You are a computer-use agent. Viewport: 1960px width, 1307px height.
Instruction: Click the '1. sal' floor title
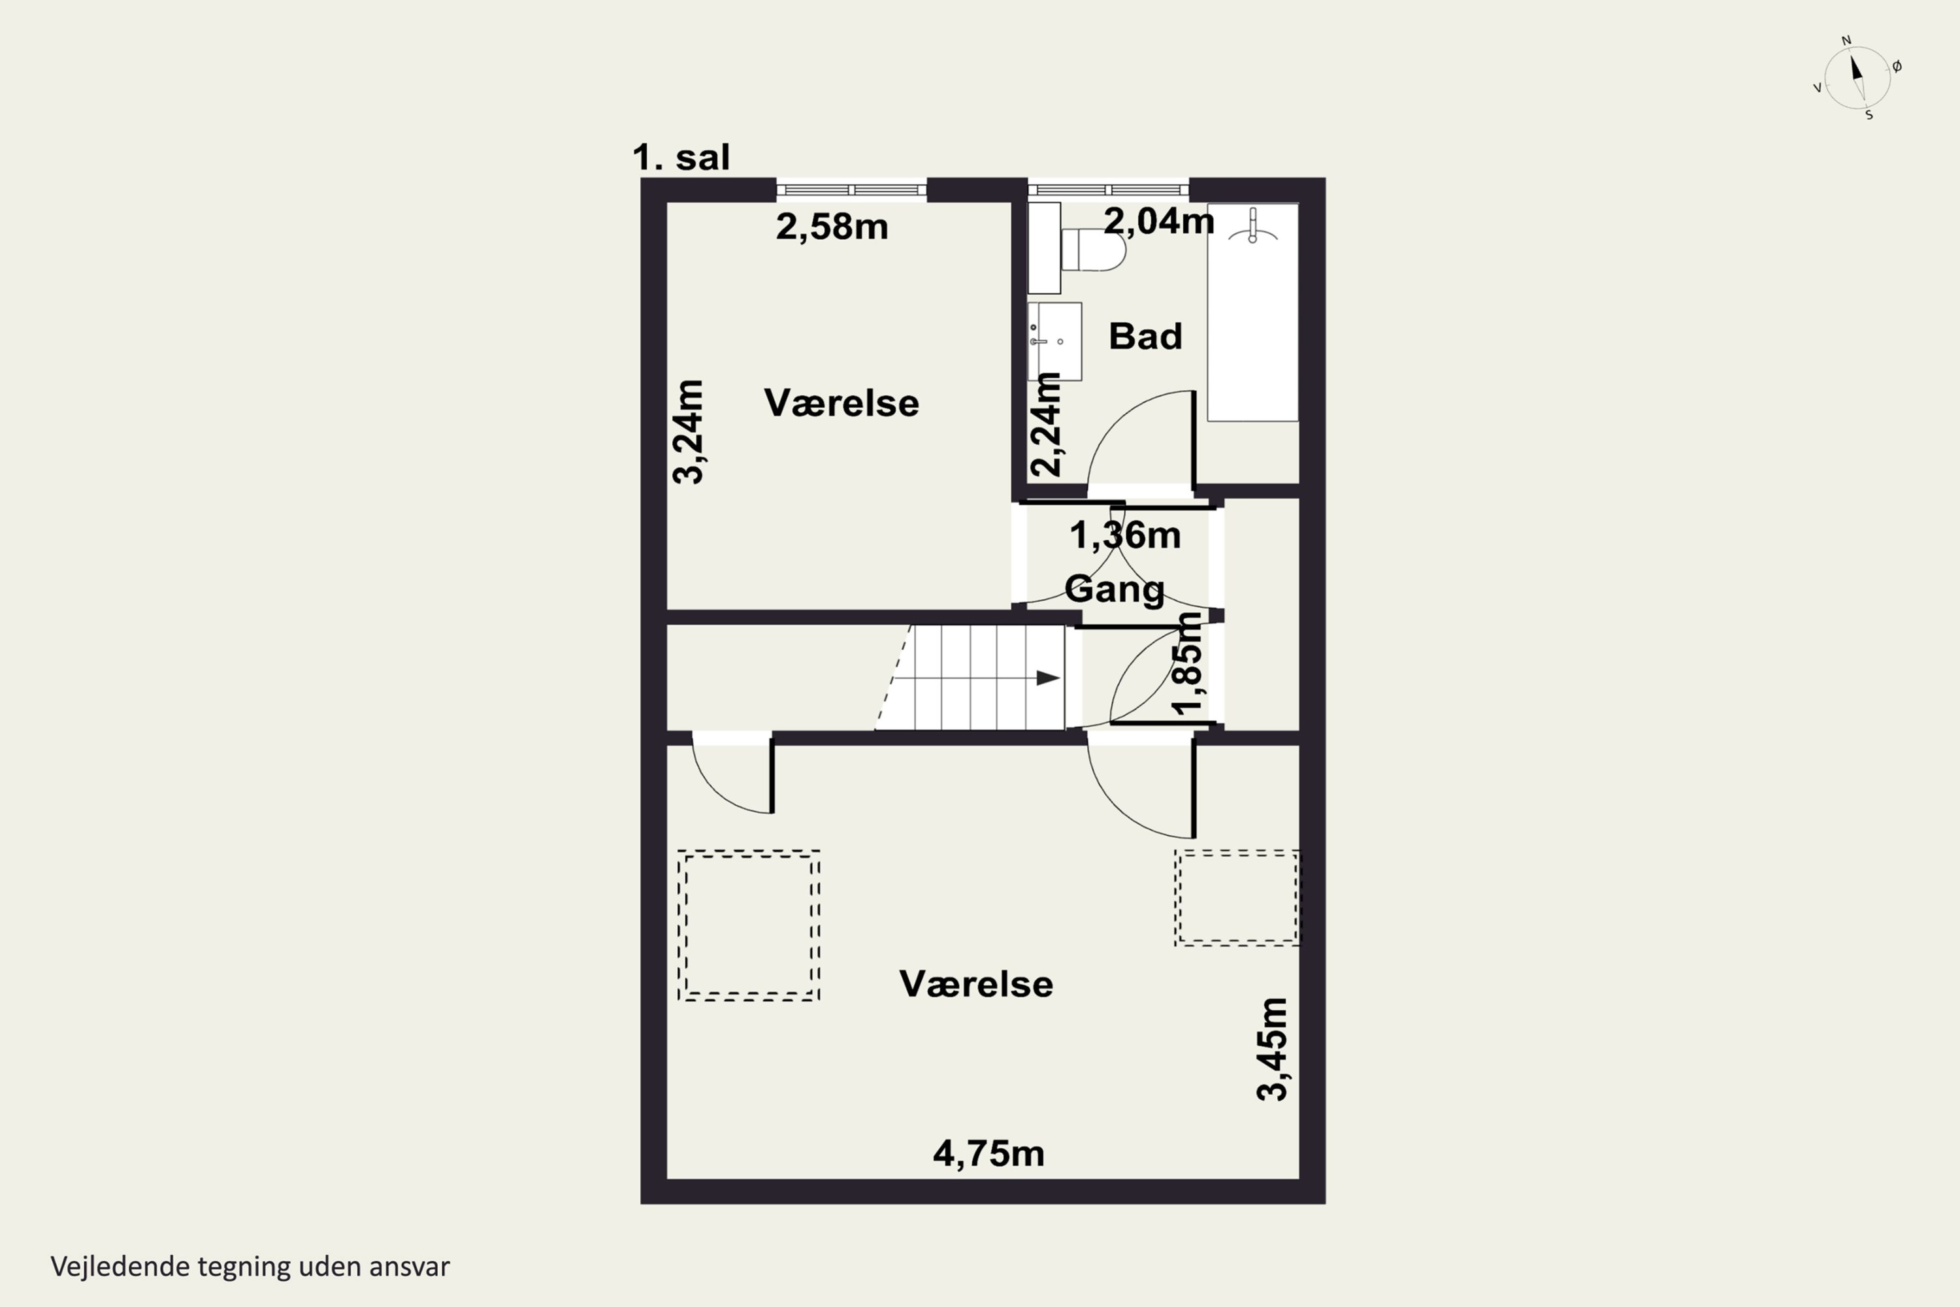(681, 157)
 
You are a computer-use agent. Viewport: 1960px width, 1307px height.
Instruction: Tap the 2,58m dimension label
(832, 227)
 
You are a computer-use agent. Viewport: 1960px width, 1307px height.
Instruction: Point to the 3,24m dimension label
(689, 432)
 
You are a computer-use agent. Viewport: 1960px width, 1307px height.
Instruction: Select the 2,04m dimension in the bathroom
(1158, 221)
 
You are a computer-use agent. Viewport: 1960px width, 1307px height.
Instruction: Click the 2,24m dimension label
(1046, 424)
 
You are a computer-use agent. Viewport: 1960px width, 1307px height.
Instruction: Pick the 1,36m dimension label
(1125, 535)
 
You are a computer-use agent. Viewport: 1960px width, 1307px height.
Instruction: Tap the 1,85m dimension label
(1188, 663)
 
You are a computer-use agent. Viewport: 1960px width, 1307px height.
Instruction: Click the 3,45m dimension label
(1273, 1049)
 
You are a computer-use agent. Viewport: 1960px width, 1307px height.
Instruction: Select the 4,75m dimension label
(988, 1153)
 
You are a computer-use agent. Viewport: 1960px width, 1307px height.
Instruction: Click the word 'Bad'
(1145, 336)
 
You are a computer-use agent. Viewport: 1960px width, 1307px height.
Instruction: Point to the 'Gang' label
(1114, 589)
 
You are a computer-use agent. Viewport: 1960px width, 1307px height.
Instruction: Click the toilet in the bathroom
(1093, 249)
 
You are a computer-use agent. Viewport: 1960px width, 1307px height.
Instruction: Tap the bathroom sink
(1055, 341)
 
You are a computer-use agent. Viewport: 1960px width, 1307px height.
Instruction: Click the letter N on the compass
(1846, 40)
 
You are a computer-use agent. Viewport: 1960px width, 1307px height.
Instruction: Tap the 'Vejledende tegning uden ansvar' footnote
(250, 1267)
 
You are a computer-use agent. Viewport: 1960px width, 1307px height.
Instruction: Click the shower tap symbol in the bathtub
(1252, 227)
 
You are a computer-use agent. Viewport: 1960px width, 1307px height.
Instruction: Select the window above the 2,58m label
(851, 190)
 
